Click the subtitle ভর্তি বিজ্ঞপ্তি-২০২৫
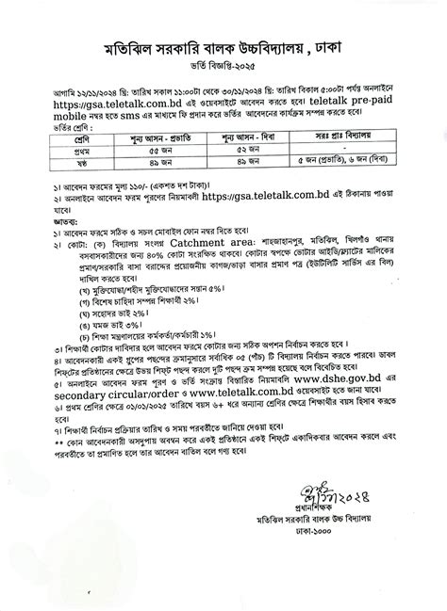tap(224, 71)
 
